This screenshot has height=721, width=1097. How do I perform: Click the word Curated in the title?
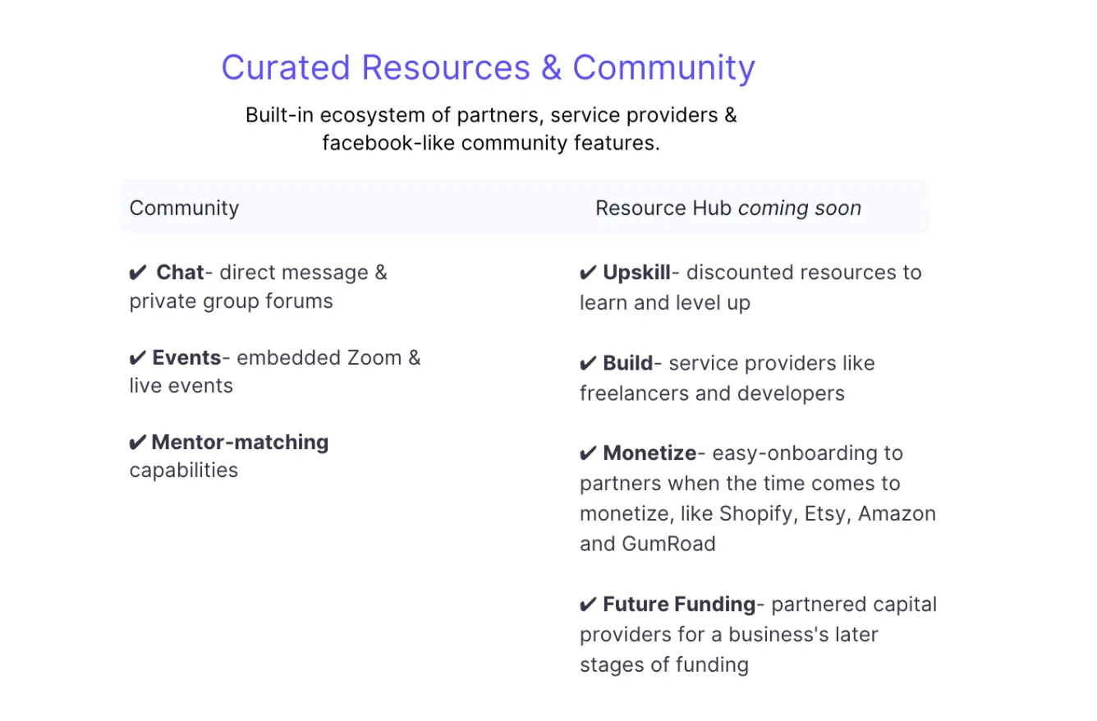(286, 67)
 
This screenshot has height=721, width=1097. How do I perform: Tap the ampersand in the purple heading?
(551, 67)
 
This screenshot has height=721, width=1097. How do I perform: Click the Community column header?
(184, 209)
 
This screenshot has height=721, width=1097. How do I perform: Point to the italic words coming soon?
(799, 209)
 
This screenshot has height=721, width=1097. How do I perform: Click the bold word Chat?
(180, 273)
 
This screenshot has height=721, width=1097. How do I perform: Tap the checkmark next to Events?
(138, 358)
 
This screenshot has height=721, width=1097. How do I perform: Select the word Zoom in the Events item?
(374, 357)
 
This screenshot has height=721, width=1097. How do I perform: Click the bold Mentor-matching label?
(240, 443)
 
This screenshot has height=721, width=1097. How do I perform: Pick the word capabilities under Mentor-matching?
(184, 471)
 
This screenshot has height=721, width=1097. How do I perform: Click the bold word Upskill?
(636, 273)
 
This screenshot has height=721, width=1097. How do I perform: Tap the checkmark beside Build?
(588, 364)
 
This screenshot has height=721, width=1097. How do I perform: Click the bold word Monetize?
(649, 453)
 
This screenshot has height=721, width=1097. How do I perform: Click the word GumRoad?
(668, 544)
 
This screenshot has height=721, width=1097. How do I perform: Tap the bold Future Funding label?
(679, 604)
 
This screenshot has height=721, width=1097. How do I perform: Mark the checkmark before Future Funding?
(588, 604)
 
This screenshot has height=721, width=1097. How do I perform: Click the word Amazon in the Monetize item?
(897, 514)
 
